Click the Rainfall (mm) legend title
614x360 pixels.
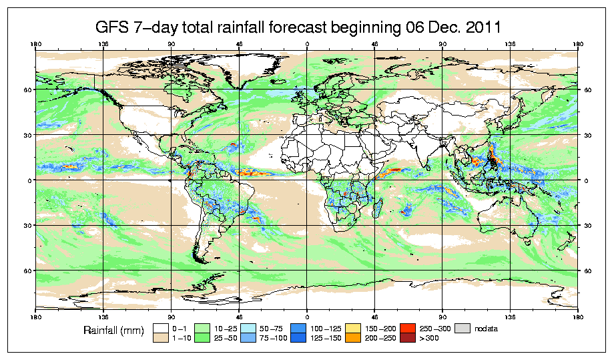click(111, 330)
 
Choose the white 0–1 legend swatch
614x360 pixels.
click(160, 329)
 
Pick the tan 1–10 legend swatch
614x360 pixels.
click(160, 339)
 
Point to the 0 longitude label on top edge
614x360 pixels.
click(307, 45)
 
